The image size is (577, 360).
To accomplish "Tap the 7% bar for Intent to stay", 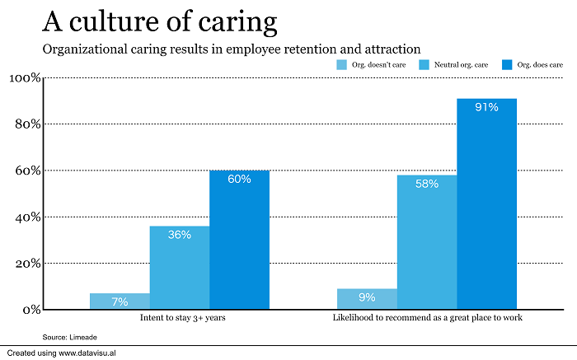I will pos(120,302).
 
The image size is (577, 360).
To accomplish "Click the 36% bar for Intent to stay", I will pos(179,268).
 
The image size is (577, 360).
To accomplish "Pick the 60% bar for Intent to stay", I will pos(239,240).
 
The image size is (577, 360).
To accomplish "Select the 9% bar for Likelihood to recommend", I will pos(367,299).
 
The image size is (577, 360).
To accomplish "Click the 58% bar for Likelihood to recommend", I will pos(426,242).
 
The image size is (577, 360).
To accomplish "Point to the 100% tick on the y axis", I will pos(24,78).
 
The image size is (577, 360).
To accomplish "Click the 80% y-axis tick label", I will pos(26,124).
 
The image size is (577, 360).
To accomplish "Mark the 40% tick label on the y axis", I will pos(26,217).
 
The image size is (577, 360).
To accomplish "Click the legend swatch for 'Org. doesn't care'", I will pos(341,64).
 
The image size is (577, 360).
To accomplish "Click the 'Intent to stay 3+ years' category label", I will pos(179,317).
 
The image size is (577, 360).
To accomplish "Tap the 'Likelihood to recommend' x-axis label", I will pos(426,317).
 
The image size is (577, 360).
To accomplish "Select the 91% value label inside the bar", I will pos(486,108).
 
